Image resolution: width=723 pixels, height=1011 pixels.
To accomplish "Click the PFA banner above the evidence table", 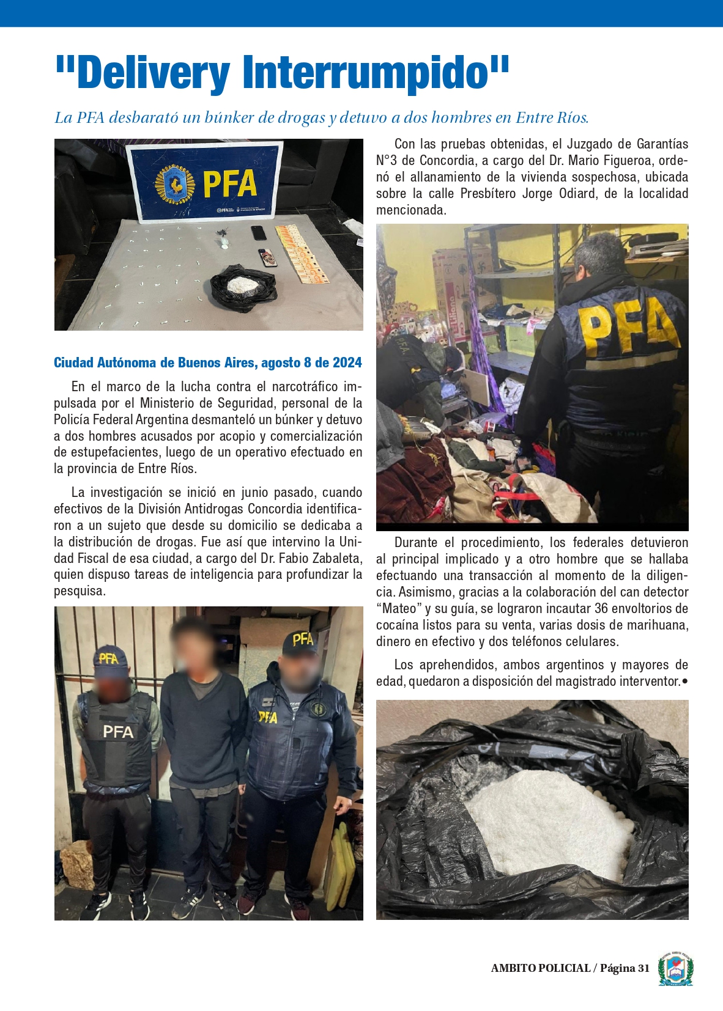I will [204, 182].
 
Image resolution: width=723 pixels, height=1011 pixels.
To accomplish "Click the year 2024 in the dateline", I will [347, 363].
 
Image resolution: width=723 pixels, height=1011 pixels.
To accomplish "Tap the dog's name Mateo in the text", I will [399, 609].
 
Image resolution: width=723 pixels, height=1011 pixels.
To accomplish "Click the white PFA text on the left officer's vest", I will [118, 732].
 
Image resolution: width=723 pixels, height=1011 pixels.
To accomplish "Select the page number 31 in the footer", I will [643, 968].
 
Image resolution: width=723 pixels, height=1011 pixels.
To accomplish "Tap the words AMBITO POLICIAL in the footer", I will [540, 968].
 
